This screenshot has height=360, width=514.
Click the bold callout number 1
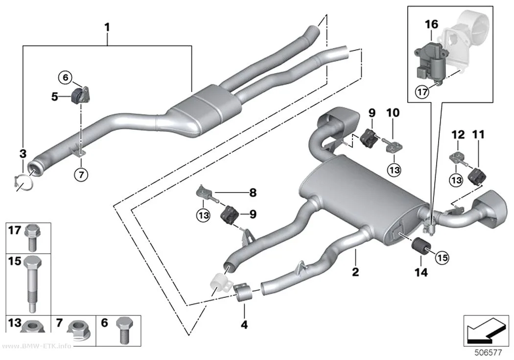click(x=107, y=27)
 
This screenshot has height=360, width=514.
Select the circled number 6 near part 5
click(x=66, y=77)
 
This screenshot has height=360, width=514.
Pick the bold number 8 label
click(x=253, y=192)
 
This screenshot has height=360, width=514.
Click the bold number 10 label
click(x=393, y=113)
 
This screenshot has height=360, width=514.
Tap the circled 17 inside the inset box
click(x=422, y=92)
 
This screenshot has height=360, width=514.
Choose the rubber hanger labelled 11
click(x=477, y=176)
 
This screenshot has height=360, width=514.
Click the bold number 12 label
click(x=458, y=134)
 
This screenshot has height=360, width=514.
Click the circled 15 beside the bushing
click(x=442, y=258)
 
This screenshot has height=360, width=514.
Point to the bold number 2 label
click(x=355, y=271)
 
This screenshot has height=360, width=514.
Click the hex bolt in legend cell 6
click(x=124, y=330)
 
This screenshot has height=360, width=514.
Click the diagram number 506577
click(x=488, y=353)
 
